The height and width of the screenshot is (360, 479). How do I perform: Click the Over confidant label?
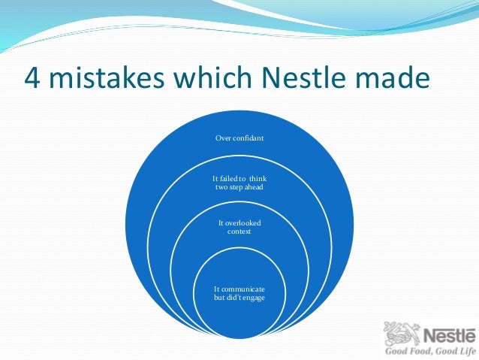tap(239, 138)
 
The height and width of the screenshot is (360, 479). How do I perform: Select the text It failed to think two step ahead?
tap(239, 182)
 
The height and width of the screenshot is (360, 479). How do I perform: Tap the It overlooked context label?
tap(239, 228)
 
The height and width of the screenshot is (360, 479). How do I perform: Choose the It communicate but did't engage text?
tap(239, 293)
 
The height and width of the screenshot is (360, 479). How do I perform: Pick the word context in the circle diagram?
tap(239, 232)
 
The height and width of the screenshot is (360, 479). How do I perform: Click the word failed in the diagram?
tap(227, 177)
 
